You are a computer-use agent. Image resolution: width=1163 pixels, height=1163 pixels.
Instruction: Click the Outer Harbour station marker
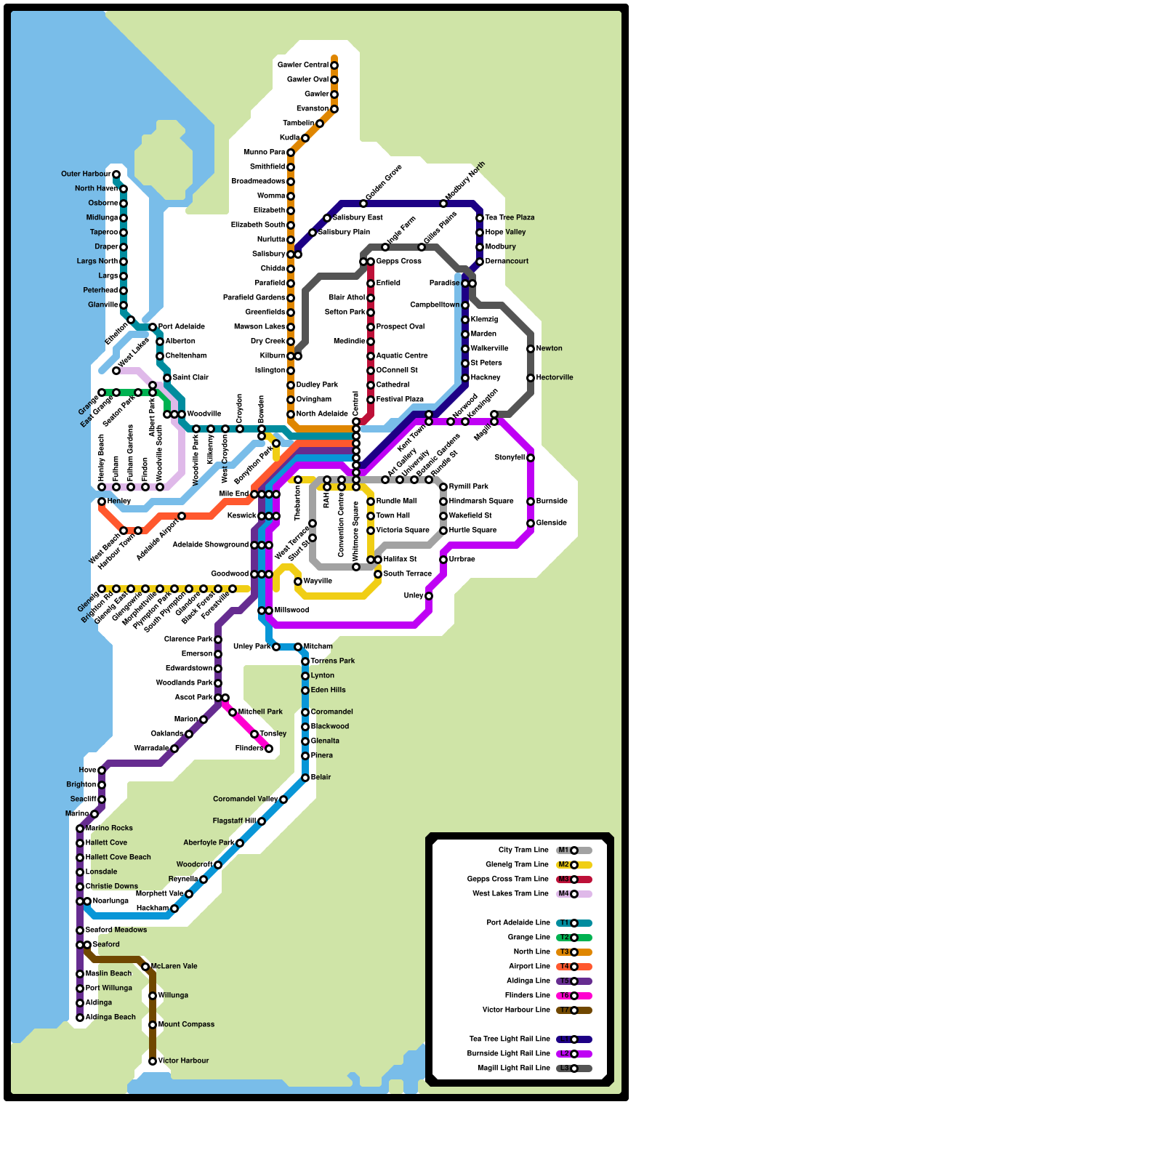click(x=116, y=174)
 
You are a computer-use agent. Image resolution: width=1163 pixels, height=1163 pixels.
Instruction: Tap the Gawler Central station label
click(x=303, y=65)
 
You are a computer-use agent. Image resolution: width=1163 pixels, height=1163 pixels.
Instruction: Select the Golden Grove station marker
click(x=363, y=204)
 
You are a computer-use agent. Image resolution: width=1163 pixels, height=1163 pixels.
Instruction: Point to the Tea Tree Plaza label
click(x=510, y=218)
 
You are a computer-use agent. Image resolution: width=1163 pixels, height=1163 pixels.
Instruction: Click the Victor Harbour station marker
click(x=153, y=1061)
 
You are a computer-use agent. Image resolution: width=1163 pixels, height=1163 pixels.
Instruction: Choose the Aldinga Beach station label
click(x=110, y=1018)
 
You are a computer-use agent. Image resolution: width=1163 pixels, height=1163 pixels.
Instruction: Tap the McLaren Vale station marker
click(x=145, y=967)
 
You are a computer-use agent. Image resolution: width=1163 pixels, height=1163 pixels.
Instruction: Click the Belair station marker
click(x=305, y=778)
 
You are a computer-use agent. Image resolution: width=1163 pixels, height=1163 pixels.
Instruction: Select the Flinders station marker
click(x=269, y=749)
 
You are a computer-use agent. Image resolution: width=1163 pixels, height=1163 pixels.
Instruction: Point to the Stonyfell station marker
click(x=531, y=458)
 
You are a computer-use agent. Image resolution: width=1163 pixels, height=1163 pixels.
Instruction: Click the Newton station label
click(x=550, y=349)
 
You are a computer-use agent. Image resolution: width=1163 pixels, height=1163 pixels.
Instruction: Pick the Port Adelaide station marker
click(x=153, y=327)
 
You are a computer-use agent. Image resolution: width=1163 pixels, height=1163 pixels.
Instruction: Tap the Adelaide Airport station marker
click(x=182, y=516)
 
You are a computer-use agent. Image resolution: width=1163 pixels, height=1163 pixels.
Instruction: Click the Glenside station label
click(x=552, y=523)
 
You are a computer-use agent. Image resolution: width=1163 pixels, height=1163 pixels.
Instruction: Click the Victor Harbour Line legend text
click(x=516, y=1010)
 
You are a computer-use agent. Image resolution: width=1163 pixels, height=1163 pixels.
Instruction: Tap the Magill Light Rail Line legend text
click(x=513, y=1069)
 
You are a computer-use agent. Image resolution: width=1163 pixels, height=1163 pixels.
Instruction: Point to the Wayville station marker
click(x=298, y=581)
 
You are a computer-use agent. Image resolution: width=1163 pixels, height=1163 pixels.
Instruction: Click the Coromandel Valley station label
click(x=245, y=800)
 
